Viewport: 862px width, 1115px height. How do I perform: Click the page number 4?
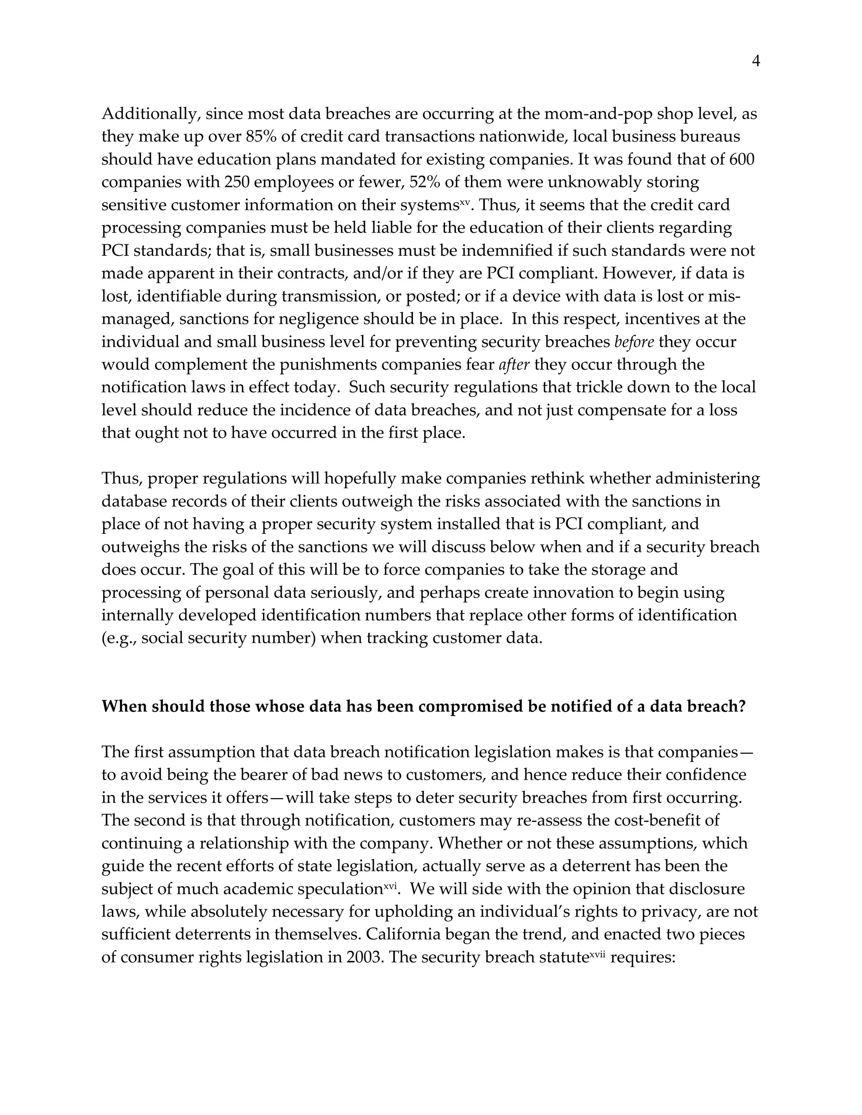point(756,62)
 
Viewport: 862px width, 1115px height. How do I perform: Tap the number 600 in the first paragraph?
point(741,160)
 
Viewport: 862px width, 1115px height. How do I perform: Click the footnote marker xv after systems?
point(464,202)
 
